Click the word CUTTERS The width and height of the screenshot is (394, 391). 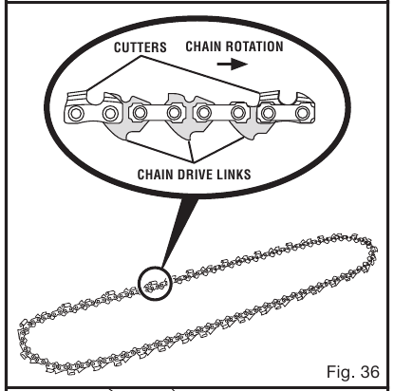click(x=141, y=47)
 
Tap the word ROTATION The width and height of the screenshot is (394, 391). click(x=254, y=47)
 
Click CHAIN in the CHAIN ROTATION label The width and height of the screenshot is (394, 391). click(x=203, y=47)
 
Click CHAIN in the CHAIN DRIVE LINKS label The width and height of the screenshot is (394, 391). click(x=156, y=175)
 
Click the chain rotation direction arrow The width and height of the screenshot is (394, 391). click(x=232, y=64)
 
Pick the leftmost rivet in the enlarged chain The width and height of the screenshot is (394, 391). click(x=76, y=113)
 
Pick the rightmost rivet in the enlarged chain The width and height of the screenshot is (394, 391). click(x=303, y=112)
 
